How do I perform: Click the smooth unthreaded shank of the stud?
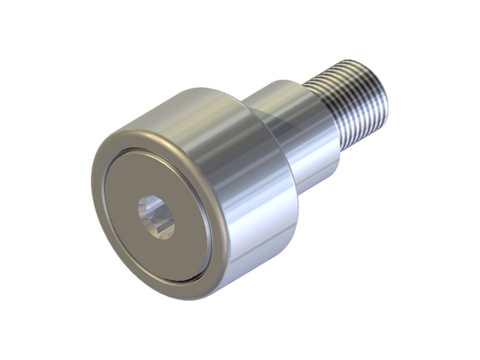tap(300, 135)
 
